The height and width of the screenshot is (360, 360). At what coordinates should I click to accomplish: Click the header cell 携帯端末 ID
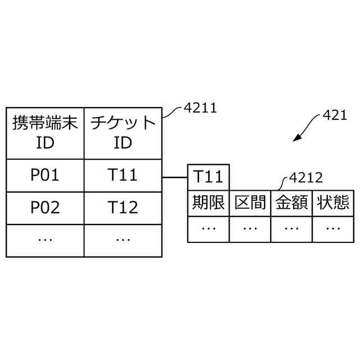[45, 133]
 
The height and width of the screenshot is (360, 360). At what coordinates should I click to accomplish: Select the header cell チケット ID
[123, 133]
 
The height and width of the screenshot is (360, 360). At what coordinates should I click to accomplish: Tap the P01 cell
[45, 175]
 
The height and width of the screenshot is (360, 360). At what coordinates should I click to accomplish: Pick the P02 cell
[45, 208]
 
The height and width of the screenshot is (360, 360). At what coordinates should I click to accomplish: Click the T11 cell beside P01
[123, 175]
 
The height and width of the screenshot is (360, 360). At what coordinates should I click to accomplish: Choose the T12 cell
[123, 208]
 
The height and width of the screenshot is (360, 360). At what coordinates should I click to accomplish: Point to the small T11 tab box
[208, 177]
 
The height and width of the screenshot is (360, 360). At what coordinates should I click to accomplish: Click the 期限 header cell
[208, 202]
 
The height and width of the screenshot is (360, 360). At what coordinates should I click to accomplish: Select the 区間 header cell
[250, 202]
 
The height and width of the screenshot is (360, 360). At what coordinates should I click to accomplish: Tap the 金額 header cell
[291, 202]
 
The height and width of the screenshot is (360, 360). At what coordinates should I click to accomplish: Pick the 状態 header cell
[333, 202]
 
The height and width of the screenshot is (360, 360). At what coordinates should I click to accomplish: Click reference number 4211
[200, 107]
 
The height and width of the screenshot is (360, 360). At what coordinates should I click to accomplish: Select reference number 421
[336, 116]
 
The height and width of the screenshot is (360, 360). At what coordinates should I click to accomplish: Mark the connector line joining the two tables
[174, 178]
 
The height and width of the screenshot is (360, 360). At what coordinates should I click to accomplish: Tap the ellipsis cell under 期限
[208, 228]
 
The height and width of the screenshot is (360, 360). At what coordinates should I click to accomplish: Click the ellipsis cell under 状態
[333, 228]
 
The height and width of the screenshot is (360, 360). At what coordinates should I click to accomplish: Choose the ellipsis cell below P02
[45, 240]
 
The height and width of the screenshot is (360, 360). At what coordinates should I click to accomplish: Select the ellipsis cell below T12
[123, 240]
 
